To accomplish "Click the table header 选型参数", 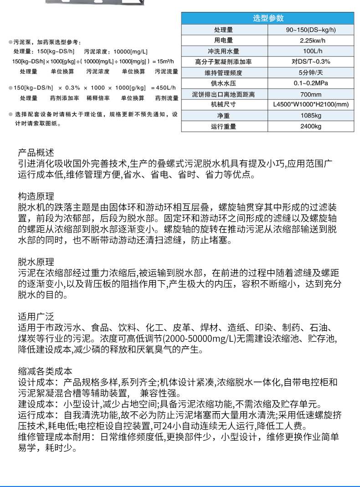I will point(268,18).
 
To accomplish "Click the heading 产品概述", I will point(36,153).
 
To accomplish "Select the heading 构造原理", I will point(36,196).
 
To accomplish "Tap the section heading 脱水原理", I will point(36,262).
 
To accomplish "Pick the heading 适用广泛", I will point(36,317).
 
